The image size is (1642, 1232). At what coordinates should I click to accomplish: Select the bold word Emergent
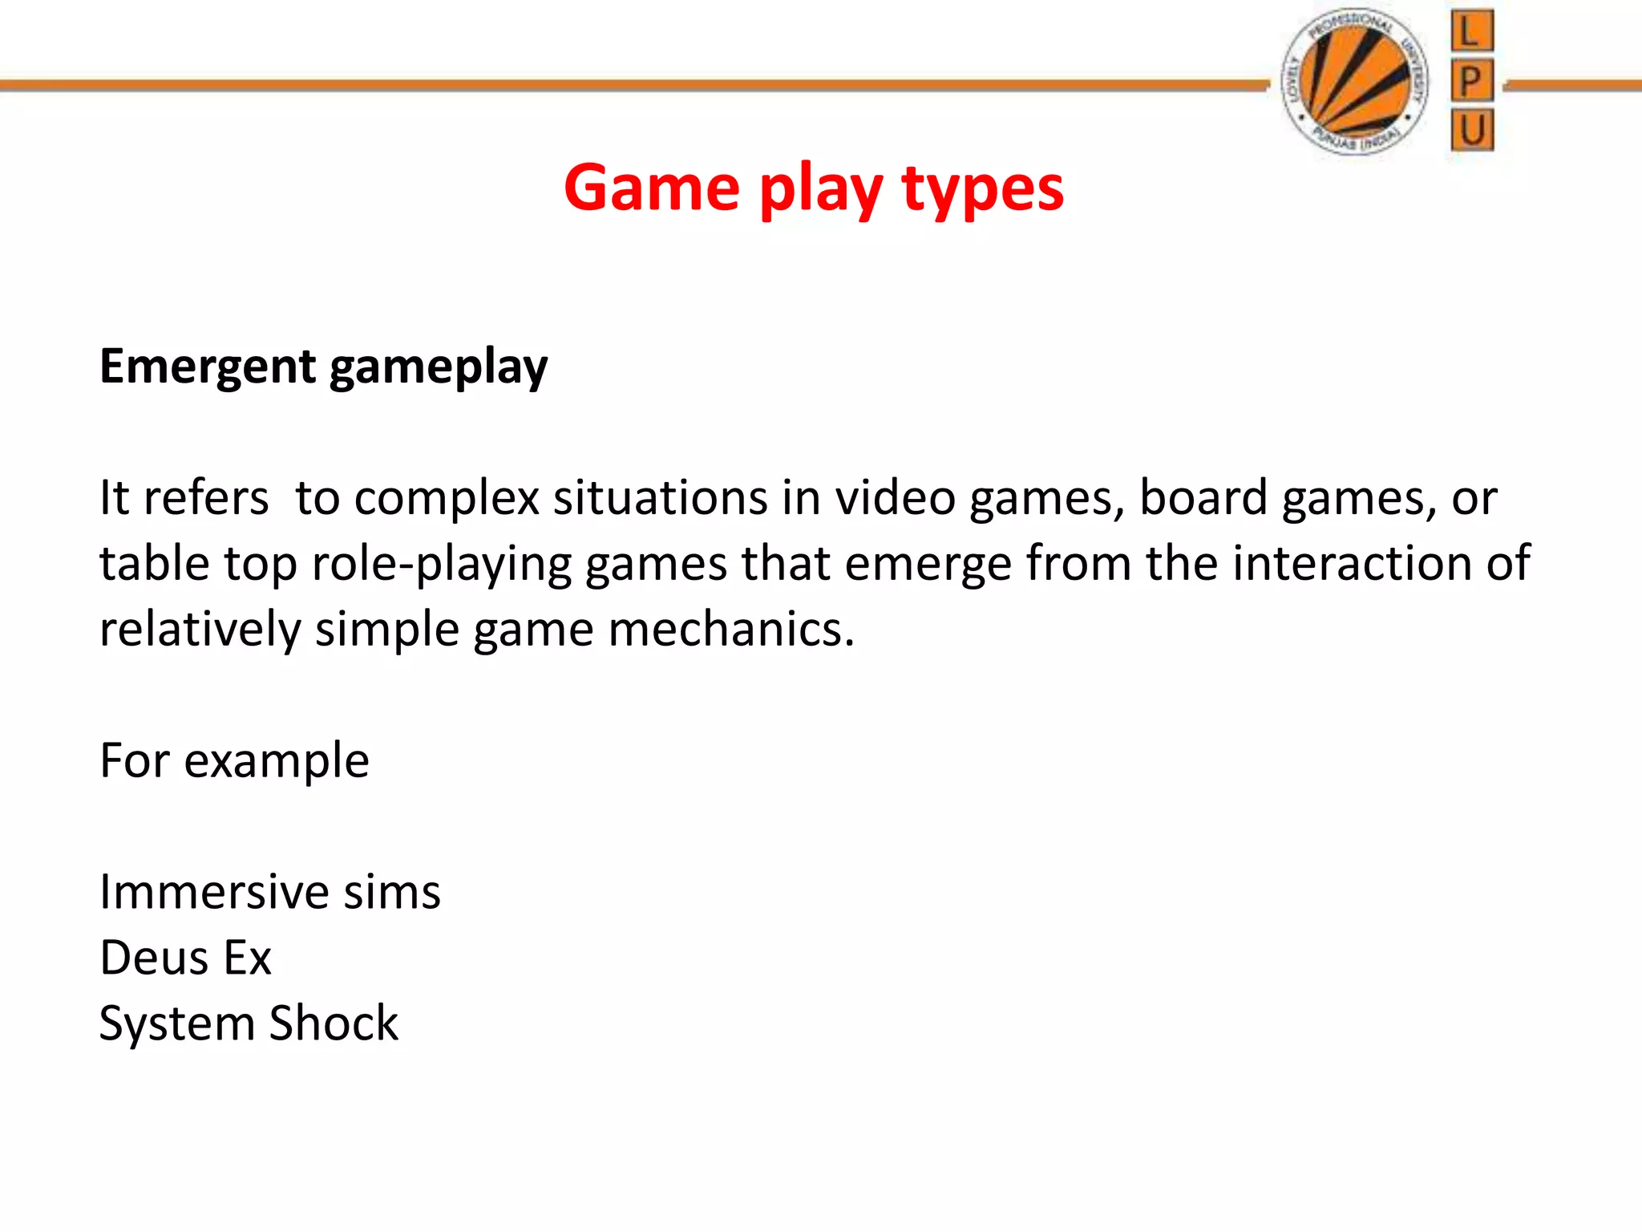(208, 367)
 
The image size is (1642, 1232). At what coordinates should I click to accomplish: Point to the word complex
(447, 499)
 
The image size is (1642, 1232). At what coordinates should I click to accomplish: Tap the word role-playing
(442, 565)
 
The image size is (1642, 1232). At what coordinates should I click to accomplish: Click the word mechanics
(731, 629)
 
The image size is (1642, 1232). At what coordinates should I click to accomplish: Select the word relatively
(200, 630)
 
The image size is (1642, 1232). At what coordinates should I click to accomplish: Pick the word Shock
(334, 1023)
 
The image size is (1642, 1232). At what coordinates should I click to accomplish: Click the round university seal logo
(1355, 82)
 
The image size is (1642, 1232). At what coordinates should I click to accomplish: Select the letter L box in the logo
(1472, 32)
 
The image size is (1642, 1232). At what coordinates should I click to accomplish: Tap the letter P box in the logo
(1472, 80)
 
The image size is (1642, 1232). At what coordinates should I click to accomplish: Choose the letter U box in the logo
(1472, 130)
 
